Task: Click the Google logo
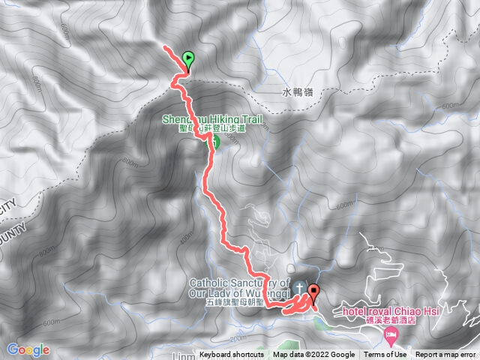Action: click(28, 349)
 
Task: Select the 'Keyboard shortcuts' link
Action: click(231, 355)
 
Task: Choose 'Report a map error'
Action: click(447, 355)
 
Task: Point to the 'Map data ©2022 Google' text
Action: click(313, 355)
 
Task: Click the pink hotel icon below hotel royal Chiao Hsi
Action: click(389, 334)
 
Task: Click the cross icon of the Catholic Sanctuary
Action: click(299, 287)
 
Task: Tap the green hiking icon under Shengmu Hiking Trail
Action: click(213, 141)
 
